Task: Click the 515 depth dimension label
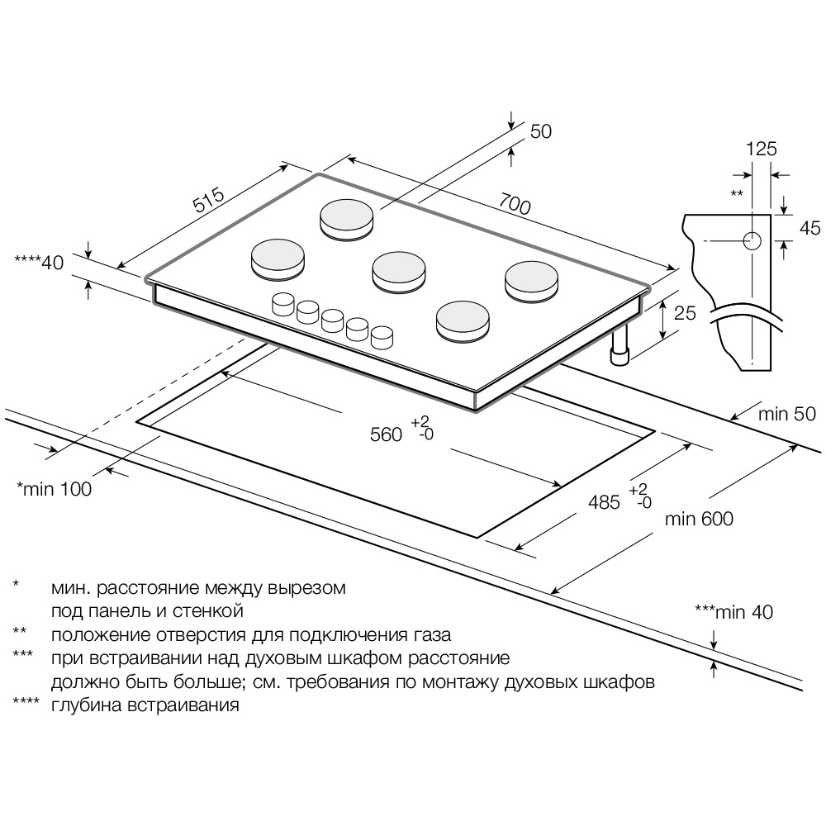pos(209,202)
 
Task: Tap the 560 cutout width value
pos(386,434)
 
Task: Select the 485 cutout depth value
pos(605,501)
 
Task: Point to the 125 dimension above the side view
pos(762,149)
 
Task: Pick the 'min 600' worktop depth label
pos(698,519)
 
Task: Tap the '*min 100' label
pos(55,488)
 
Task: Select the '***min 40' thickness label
pos(733,612)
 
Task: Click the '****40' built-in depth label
pos(39,263)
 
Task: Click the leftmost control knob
pos(282,303)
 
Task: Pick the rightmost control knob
pos(382,337)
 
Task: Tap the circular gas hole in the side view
pos(752,240)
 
